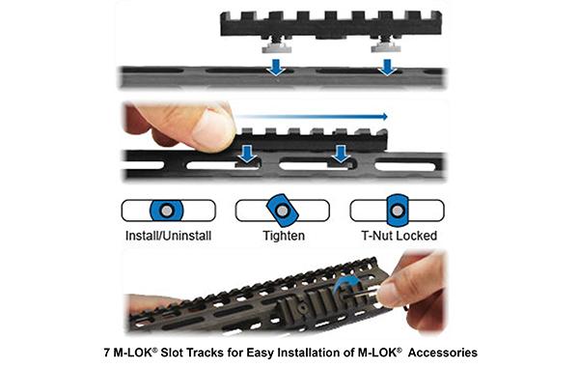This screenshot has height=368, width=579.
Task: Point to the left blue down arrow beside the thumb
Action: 247,154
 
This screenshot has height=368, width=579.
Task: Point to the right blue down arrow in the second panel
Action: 340,154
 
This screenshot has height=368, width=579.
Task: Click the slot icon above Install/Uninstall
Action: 167,212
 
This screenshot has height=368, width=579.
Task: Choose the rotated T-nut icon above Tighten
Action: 283,212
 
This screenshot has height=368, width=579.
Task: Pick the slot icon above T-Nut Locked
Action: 397,212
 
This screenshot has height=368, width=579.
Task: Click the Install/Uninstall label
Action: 168,234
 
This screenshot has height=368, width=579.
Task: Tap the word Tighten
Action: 283,234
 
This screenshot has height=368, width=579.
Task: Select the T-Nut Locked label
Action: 397,234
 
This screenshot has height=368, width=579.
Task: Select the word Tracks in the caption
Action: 211,352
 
